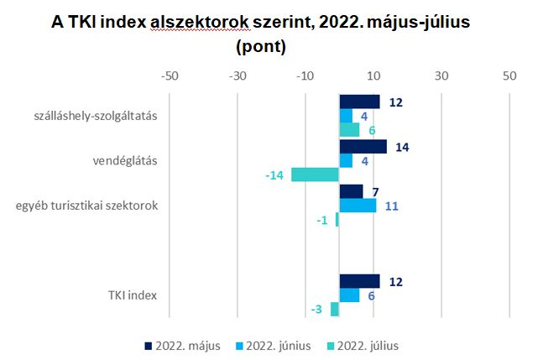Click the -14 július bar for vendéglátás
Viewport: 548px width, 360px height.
(315, 175)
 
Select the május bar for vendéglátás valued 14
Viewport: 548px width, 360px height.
(363, 147)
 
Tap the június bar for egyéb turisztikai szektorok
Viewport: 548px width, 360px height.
(358, 205)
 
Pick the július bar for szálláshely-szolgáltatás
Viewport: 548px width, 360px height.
(349, 129)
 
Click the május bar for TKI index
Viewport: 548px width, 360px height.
(359, 281)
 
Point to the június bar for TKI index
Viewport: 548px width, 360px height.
(349, 295)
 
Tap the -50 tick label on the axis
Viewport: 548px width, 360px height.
(170, 76)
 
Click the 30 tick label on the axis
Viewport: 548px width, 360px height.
(441, 76)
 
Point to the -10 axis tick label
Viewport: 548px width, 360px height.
(305, 76)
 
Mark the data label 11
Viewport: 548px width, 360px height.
(390, 205)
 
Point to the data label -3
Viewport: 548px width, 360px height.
(316, 310)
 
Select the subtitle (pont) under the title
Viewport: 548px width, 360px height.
(261, 47)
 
